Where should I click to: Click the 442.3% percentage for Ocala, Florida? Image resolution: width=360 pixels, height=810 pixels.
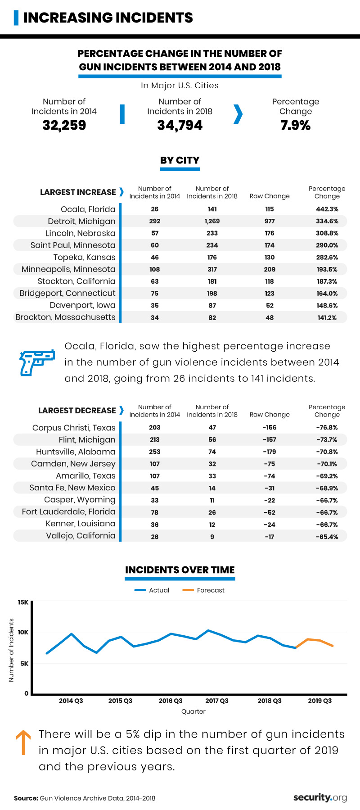point(327,209)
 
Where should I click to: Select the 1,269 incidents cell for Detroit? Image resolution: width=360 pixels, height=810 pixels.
point(212,222)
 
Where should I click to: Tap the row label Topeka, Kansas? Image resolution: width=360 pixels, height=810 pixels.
point(84,258)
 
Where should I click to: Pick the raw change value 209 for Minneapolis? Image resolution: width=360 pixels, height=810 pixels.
point(270,270)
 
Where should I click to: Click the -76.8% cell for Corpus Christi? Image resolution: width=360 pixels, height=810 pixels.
point(327,428)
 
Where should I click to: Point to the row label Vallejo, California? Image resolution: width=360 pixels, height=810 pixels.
point(81,536)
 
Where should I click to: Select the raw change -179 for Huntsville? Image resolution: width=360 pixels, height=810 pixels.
point(270,452)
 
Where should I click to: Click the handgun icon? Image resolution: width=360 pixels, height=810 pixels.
point(36,362)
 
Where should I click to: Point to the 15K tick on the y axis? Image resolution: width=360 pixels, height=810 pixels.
point(23,602)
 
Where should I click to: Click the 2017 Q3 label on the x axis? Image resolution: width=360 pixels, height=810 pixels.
point(217,701)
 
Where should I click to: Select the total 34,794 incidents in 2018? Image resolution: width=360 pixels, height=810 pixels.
point(180,125)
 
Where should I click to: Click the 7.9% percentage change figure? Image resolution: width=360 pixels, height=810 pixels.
point(296,126)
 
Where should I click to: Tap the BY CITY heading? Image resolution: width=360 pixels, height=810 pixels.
point(180,160)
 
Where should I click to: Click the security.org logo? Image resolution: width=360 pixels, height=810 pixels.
point(320,798)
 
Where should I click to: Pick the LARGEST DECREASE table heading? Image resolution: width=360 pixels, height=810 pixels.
point(77,411)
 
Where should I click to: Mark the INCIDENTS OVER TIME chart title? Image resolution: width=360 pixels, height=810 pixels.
point(180,570)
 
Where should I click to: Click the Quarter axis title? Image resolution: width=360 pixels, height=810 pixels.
point(193,712)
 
